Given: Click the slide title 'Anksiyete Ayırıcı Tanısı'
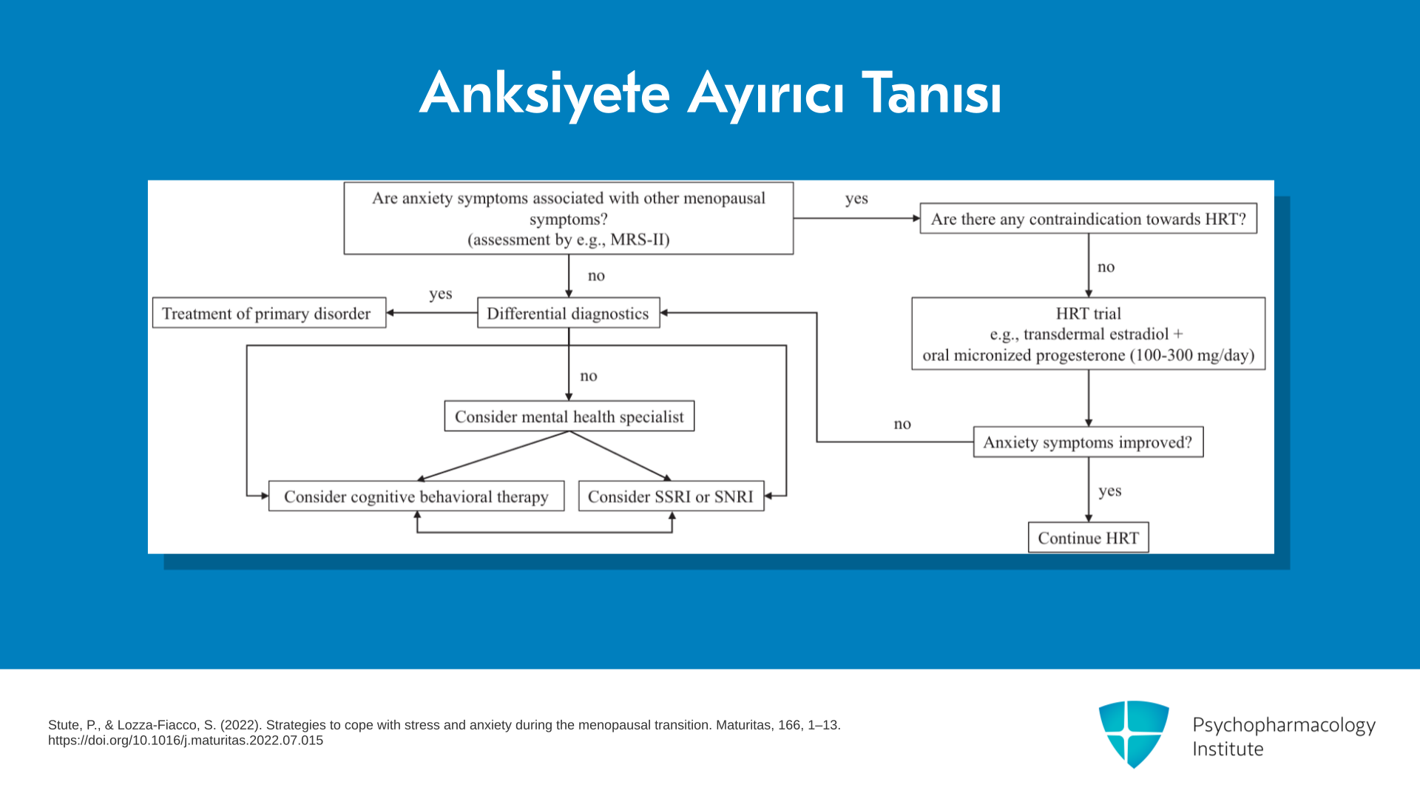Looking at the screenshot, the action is point(711,94).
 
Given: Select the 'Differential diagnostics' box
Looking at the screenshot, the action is point(569,313).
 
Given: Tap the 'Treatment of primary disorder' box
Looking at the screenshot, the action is point(269,313).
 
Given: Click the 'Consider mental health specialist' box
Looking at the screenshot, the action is point(569,416).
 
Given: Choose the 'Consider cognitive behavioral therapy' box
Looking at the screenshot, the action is point(416,496).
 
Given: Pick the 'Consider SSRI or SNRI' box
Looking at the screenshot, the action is point(672,496).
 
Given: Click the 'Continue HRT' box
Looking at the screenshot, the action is point(1089,537).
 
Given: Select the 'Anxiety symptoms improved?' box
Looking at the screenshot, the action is point(1089,442).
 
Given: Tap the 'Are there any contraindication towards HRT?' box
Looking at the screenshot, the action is point(1089,218).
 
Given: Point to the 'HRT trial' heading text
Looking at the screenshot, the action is point(1089,314).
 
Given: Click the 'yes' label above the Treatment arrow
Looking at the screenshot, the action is point(441,294).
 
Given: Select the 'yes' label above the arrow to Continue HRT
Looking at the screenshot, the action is point(1110,490).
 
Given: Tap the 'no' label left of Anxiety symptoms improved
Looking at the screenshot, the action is point(902,424).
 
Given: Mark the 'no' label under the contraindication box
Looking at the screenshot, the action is point(1106,267).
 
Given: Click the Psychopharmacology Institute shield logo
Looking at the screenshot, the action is point(1134,734).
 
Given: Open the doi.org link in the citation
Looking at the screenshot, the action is point(186,741).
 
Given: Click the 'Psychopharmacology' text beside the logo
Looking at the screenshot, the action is point(1284,726).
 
